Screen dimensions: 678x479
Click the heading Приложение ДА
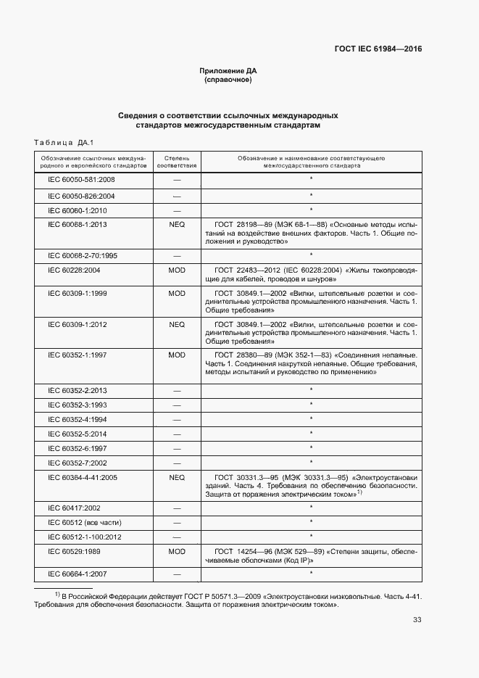click(228, 70)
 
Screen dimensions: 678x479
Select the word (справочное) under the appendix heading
click(228, 80)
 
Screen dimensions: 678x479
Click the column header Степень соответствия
click(176, 161)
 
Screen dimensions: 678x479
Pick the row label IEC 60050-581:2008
click(81, 179)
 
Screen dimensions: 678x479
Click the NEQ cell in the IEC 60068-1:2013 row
click(176, 225)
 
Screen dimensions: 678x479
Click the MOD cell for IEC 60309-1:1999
click(176, 293)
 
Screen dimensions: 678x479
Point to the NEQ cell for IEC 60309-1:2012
click(176, 324)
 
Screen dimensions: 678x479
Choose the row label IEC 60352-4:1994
click(77, 419)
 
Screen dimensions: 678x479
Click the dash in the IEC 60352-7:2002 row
click(176, 463)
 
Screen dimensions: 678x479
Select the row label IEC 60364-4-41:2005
click(82, 478)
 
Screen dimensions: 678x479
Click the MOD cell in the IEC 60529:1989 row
click(176, 552)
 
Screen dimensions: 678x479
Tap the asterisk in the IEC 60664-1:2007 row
click(311, 574)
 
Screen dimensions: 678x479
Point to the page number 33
click(417, 619)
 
